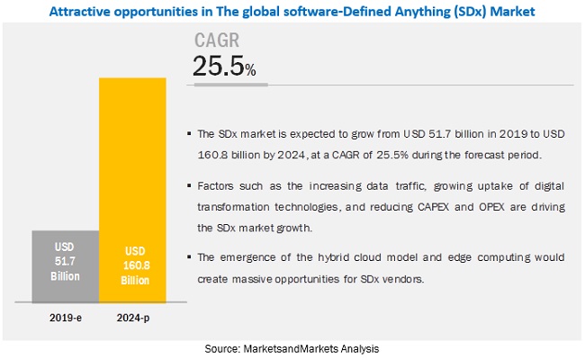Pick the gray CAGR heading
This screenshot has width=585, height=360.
(217, 40)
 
